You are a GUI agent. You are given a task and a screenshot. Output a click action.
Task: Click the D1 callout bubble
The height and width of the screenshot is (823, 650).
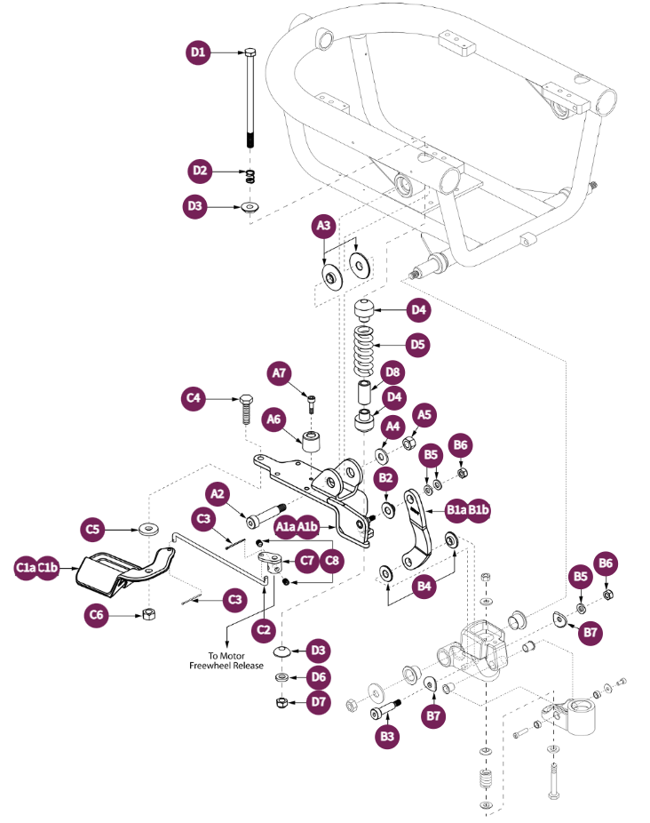(198, 53)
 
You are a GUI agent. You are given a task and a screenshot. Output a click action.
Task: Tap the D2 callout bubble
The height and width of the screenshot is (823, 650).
(198, 171)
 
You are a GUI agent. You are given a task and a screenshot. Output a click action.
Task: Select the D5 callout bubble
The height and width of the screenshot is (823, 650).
(418, 343)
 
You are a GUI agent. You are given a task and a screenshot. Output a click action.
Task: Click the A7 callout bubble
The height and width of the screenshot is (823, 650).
(281, 375)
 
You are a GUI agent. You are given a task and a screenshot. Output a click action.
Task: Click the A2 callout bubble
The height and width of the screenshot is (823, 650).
(218, 493)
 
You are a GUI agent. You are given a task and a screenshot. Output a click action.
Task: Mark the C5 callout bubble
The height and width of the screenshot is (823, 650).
(93, 530)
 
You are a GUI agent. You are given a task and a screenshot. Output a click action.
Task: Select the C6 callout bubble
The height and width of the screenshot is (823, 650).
(98, 614)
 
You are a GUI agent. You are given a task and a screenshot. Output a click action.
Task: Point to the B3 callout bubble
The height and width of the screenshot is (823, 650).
(386, 737)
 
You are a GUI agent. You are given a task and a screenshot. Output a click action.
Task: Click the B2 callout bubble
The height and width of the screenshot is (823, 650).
(386, 479)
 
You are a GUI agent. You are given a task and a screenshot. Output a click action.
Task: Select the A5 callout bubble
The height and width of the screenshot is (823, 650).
(424, 413)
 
